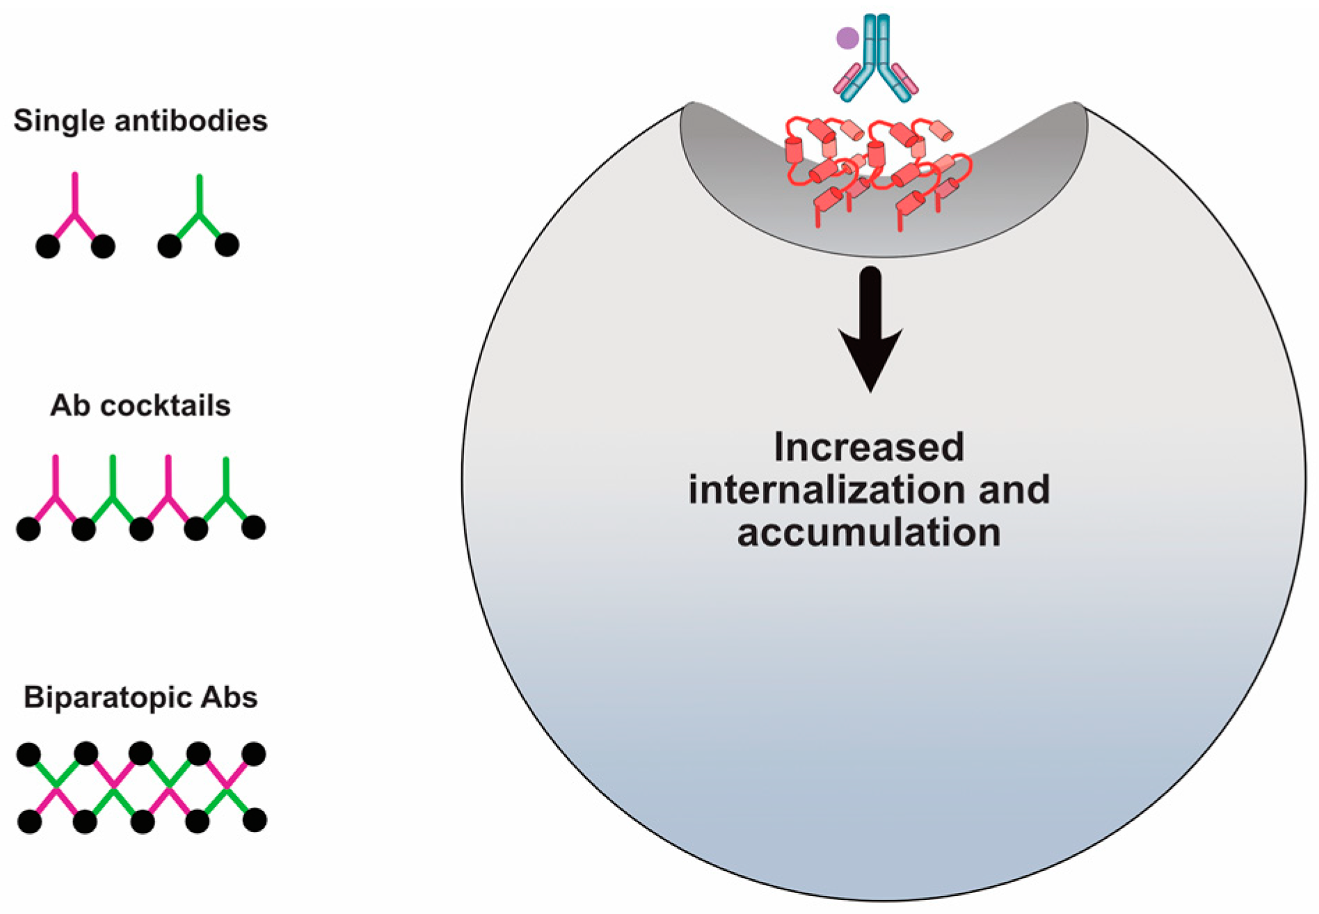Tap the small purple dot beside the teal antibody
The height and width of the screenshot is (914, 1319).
847,38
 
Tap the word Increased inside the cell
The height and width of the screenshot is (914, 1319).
869,447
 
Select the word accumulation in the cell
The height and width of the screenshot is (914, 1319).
869,533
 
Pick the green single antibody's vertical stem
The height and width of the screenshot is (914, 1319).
200,194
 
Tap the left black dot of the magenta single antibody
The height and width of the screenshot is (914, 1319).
47,246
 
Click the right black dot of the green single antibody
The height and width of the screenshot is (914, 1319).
227,245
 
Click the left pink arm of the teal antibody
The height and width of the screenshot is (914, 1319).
847,79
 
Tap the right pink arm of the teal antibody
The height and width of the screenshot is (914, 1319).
906,79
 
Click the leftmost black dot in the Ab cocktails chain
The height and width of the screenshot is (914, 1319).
28,529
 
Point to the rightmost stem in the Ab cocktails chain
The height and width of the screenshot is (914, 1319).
226,476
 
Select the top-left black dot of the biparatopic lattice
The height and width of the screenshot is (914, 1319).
29,754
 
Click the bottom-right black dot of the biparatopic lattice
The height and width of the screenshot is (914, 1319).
255,820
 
